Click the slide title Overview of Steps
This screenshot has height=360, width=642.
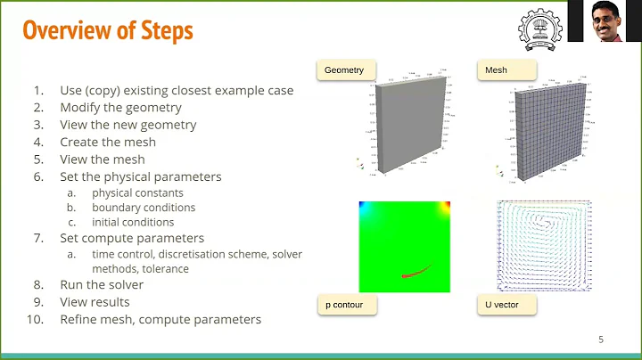click(107, 30)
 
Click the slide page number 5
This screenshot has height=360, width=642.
click(601, 340)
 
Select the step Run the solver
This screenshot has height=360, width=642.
click(102, 285)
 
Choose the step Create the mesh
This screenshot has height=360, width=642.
click(108, 142)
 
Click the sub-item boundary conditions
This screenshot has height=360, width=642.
click(143, 208)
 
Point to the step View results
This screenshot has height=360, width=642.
click(95, 302)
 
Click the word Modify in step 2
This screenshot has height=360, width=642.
click(80, 108)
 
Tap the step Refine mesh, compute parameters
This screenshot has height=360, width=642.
click(160, 319)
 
